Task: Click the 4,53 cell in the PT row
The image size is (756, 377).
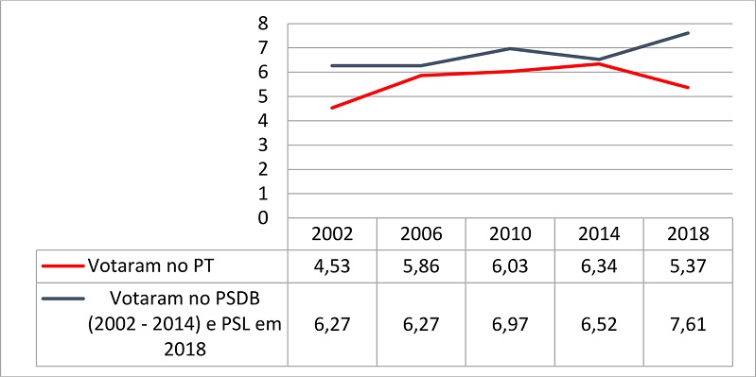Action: (x=331, y=265)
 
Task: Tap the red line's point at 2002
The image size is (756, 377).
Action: (x=331, y=108)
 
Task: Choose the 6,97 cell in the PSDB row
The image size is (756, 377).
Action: (x=510, y=324)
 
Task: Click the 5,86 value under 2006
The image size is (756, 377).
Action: (x=421, y=265)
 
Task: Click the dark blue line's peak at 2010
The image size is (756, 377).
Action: (x=510, y=48)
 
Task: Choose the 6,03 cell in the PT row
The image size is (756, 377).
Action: (x=510, y=265)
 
